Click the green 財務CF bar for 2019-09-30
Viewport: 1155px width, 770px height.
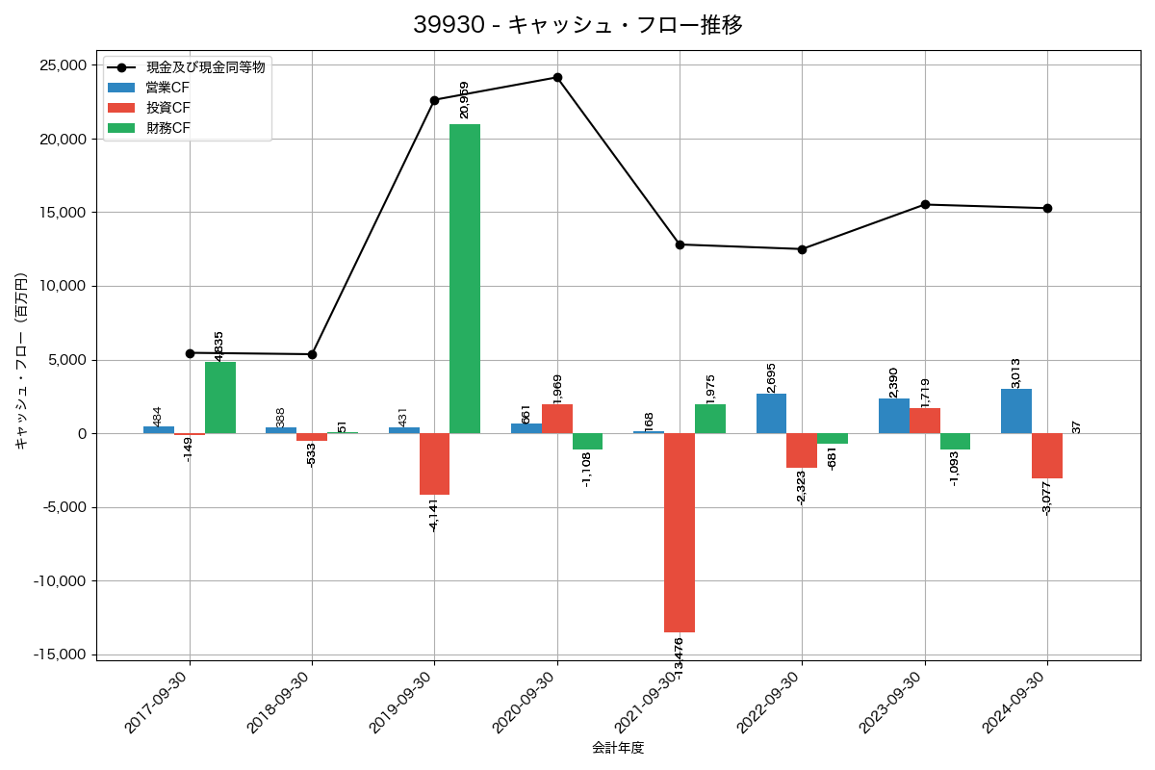pyautogui.click(x=465, y=279)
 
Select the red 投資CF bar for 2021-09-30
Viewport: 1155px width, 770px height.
pyautogui.click(x=680, y=532)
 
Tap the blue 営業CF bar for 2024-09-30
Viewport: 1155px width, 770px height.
pyautogui.click(x=1016, y=411)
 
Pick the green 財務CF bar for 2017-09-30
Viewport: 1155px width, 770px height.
pyautogui.click(x=220, y=398)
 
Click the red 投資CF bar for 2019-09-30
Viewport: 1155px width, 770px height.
pyautogui.click(x=434, y=464)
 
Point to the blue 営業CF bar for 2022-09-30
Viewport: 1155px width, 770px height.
pyautogui.click(x=772, y=414)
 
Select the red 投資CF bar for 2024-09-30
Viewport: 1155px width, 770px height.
pyautogui.click(x=1047, y=456)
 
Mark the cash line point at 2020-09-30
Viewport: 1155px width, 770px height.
pyautogui.click(x=557, y=77)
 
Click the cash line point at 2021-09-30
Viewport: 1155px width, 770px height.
pyautogui.click(x=680, y=244)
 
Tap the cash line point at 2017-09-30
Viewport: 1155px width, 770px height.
pyautogui.click(x=190, y=353)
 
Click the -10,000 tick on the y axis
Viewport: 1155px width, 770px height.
pyautogui.click(x=59, y=581)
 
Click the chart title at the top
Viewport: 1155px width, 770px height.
pyautogui.click(x=577, y=25)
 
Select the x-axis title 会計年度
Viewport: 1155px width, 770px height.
pyautogui.click(x=618, y=748)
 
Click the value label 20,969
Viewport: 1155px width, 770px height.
pyautogui.click(x=465, y=100)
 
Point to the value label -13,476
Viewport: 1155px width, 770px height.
pyautogui.click(x=679, y=660)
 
